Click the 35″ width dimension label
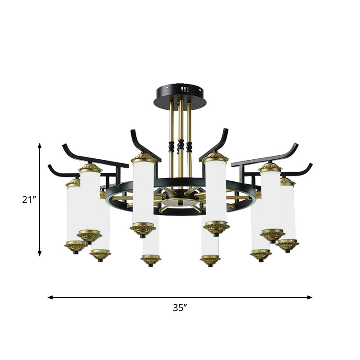point(180,308)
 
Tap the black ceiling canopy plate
point(180,91)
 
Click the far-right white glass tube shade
point(288,211)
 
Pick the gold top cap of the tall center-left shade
point(144,158)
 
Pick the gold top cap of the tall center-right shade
point(215,158)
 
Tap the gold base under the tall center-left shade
point(143,229)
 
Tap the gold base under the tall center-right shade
point(216,229)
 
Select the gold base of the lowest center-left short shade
point(150,260)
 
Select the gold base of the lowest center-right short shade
point(210,260)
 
